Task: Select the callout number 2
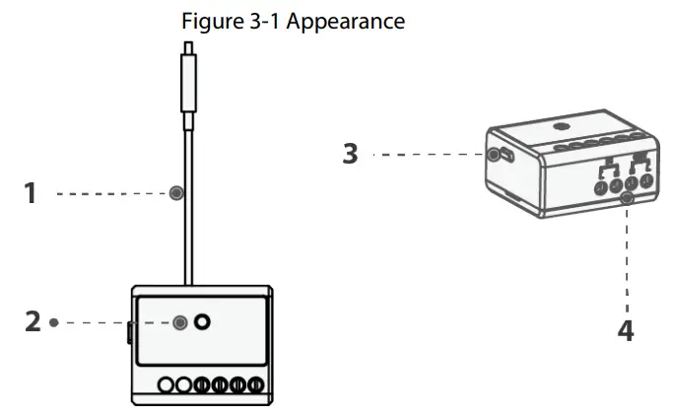pos(33,322)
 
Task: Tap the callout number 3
pos(350,155)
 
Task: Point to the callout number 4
pos(626,329)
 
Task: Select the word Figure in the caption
pos(211,21)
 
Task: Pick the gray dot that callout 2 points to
pos(180,322)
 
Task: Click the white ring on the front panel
pos(203,322)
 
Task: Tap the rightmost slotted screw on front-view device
pos(256,385)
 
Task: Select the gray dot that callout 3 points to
pos(493,155)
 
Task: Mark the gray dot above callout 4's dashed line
pos(626,200)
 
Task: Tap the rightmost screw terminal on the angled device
pos(645,180)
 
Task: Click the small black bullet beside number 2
pos(53,322)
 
